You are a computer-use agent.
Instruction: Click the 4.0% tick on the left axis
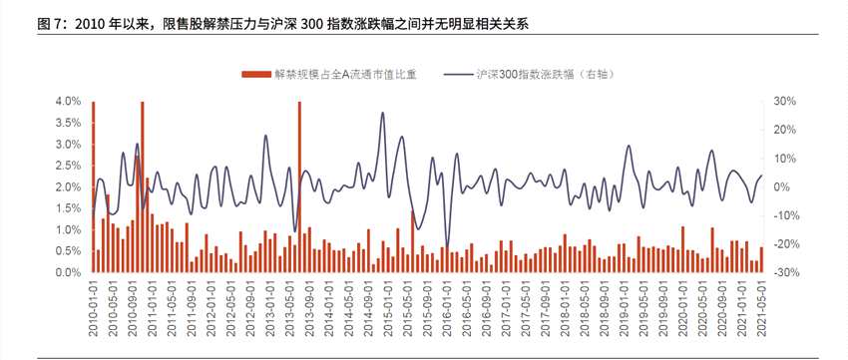(x=68, y=101)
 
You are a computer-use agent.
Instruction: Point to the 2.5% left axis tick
(x=68, y=166)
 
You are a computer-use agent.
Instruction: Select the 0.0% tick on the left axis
(x=68, y=272)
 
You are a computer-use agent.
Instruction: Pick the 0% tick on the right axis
(x=782, y=186)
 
